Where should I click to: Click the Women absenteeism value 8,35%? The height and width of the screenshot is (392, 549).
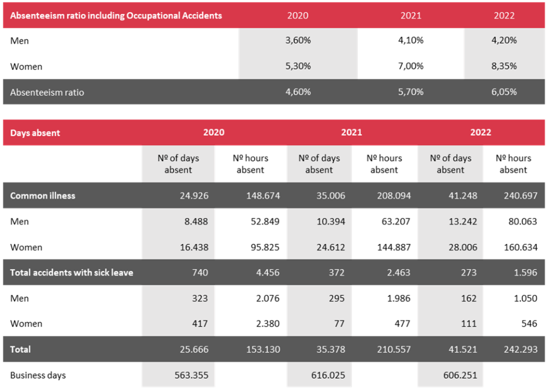click(x=504, y=66)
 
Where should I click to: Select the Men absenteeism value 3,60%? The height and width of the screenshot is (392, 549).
click(x=298, y=40)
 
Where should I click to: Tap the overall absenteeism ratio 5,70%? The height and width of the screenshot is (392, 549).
click(x=411, y=92)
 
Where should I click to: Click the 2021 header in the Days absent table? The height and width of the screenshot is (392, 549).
click(x=351, y=132)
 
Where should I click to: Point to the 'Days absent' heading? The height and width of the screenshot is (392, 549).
click(x=35, y=133)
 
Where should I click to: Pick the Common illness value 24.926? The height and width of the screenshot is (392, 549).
click(x=194, y=195)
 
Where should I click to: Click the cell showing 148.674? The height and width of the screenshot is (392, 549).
click(x=263, y=195)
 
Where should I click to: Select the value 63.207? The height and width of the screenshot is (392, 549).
click(x=396, y=222)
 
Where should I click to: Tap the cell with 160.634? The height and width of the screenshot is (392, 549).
click(x=520, y=248)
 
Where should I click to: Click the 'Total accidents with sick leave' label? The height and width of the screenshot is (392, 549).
click(x=71, y=273)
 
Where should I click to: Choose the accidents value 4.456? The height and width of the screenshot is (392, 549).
click(x=267, y=273)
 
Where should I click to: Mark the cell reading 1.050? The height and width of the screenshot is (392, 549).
click(x=525, y=299)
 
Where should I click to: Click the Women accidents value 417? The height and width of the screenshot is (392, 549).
click(x=200, y=324)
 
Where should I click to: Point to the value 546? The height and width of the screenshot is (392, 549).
click(x=529, y=324)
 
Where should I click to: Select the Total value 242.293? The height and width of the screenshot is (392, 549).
click(x=520, y=350)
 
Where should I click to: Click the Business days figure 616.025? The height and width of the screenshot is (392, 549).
click(x=328, y=376)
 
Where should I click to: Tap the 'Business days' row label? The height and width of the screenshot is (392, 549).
click(x=38, y=376)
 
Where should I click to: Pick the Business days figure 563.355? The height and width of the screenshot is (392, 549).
click(x=192, y=376)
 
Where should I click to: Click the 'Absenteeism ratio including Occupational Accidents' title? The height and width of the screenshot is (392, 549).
click(x=116, y=16)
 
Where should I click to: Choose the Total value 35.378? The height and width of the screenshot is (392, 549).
click(x=331, y=350)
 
